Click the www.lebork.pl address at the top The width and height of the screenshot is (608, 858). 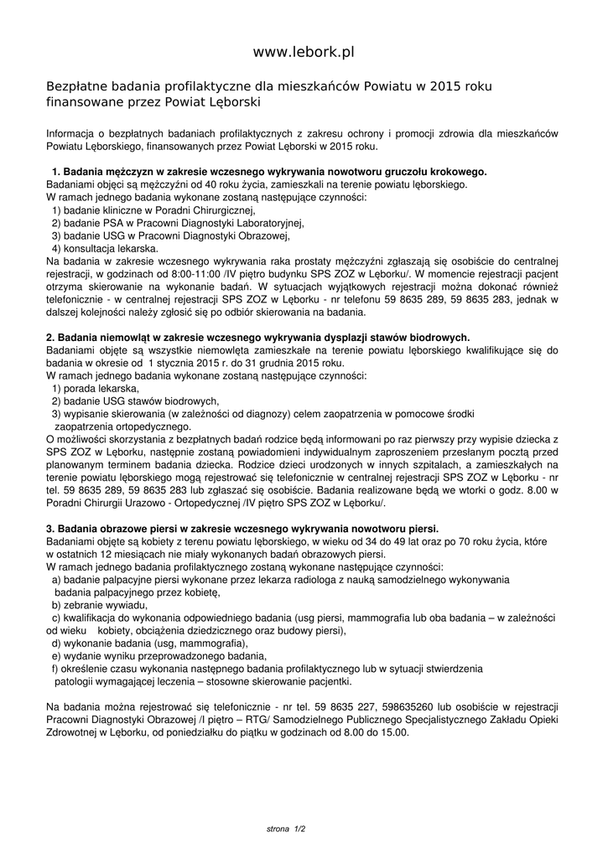click(x=304, y=52)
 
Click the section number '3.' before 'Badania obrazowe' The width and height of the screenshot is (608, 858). click(x=49, y=530)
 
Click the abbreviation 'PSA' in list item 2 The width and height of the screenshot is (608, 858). click(x=114, y=224)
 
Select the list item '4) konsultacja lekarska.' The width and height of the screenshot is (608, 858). click(x=104, y=248)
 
